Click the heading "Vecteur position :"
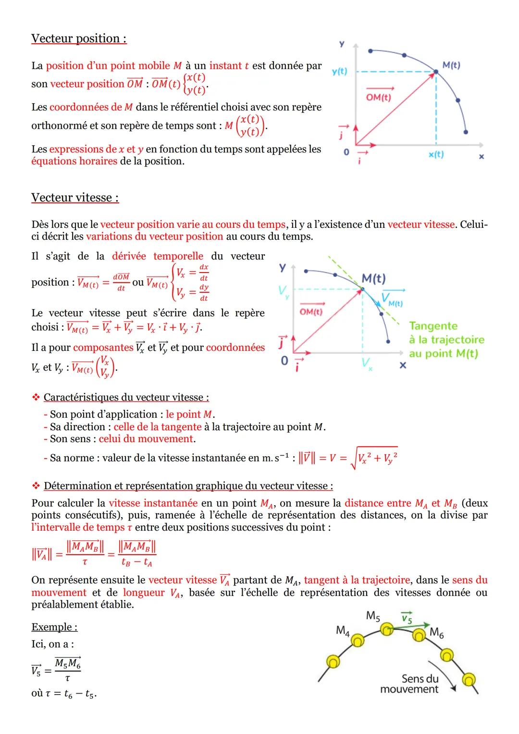pyautogui.click(x=79, y=38)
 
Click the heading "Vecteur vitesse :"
pyautogui.click(x=75, y=198)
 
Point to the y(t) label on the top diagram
pyautogui.click(x=339, y=72)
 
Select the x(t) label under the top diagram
pyautogui.click(x=436, y=154)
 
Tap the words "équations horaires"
pyautogui.click(x=74, y=161)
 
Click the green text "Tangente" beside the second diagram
pyautogui.click(x=433, y=326)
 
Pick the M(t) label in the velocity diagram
pyautogui.click(x=373, y=278)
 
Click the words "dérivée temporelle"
pyautogui.click(x=157, y=256)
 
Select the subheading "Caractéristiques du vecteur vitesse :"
pyautogui.click(x=126, y=398)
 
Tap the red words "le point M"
pyautogui.click(x=190, y=414)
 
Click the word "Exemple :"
pyautogui.click(x=54, y=627)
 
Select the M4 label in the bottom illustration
pyautogui.click(x=342, y=630)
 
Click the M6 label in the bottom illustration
pyautogui.click(x=436, y=633)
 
